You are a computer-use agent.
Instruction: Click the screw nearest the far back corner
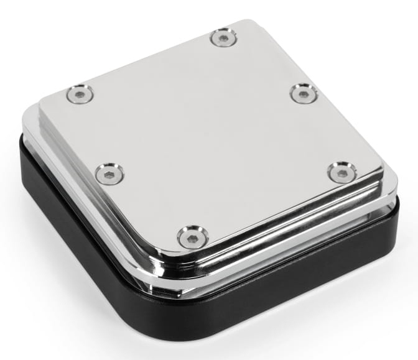222,38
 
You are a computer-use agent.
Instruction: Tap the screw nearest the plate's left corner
80,95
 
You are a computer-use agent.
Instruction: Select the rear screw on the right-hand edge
303,93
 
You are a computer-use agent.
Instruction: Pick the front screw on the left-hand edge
109,173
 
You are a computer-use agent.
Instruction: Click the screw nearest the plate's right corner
342,172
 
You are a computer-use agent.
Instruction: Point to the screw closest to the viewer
192,237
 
